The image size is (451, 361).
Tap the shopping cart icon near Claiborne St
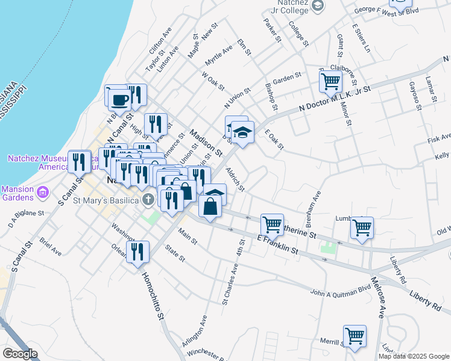pos(330,81)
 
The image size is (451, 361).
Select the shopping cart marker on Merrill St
pos(355,336)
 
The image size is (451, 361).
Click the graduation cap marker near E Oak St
pos(243,133)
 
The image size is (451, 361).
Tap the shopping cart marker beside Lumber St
pos(362,228)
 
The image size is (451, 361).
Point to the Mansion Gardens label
pos(18,193)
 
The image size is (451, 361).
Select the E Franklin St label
pos(279,244)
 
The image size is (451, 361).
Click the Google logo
pos(20,354)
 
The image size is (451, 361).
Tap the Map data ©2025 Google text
pos(413,356)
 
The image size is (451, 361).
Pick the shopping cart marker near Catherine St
pos(272,224)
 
